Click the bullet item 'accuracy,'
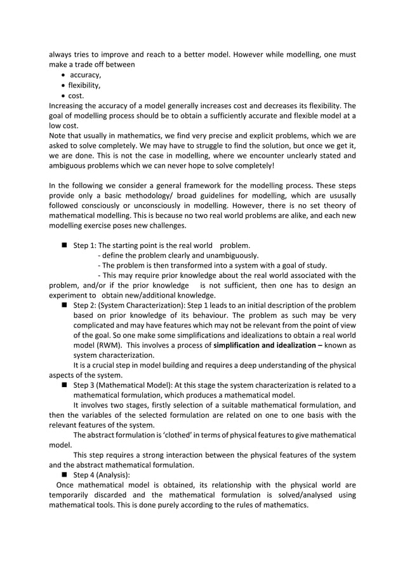[85, 75]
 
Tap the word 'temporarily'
[70, 495]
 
